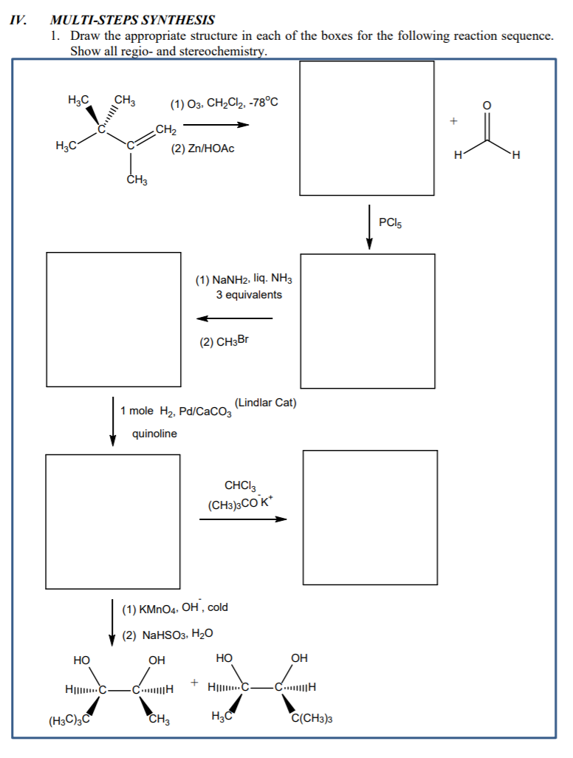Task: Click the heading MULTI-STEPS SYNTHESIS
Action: [132, 20]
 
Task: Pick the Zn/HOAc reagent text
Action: [202, 148]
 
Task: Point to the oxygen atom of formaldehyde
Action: [485, 104]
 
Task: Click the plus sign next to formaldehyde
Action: [454, 119]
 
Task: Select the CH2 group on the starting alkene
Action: [166, 131]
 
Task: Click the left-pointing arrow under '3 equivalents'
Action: [234, 318]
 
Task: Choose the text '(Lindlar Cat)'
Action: [265, 403]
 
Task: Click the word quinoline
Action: [154, 434]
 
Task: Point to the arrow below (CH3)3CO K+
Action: [242, 519]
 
